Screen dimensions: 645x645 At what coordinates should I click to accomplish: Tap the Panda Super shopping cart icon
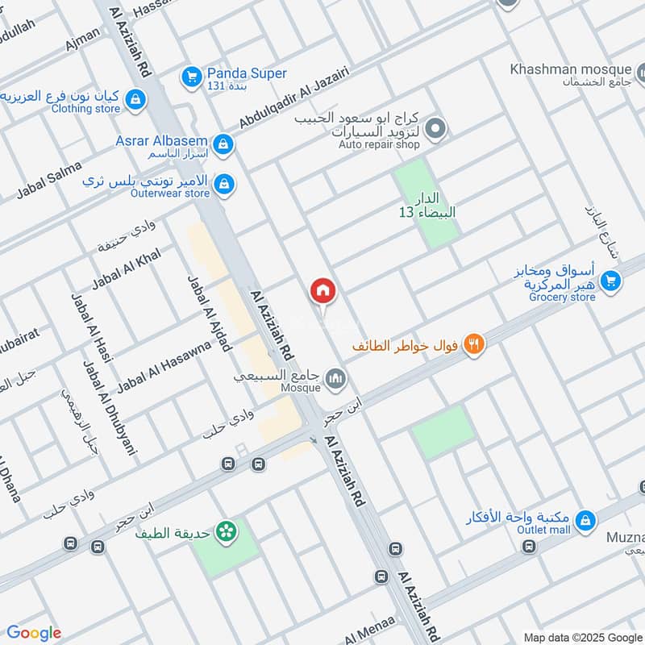tap(192, 77)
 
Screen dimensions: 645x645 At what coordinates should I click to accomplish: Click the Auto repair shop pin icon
tap(435, 127)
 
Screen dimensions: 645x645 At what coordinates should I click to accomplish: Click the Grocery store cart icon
tap(611, 280)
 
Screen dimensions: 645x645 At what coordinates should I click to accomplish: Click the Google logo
tap(33, 633)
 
